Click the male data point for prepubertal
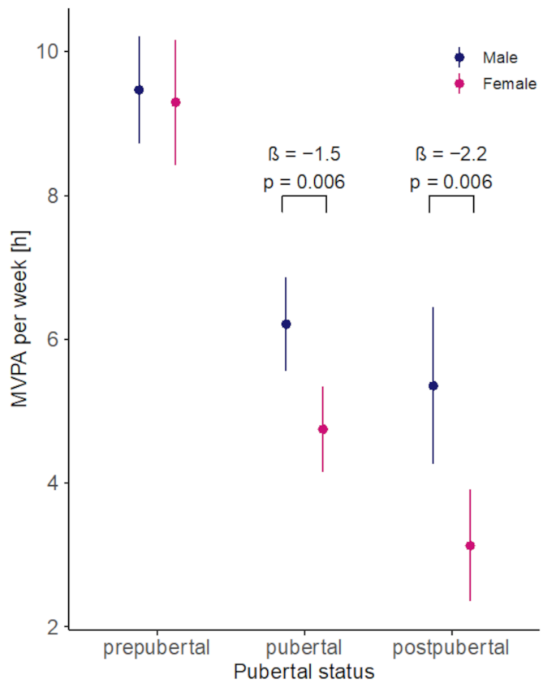(x=139, y=90)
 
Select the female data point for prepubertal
(x=175, y=102)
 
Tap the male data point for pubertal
(x=286, y=324)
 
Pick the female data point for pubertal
(x=322, y=429)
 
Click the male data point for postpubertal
(x=433, y=385)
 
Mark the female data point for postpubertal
(x=470, y=546)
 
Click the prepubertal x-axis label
(x=157, y=647)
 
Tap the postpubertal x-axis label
(x=450, y=647)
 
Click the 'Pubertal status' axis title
(x=304, y=672)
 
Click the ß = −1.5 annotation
(x=304, y=154)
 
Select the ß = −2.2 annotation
(x=450, y=154)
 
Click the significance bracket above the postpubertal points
(x=451, y=196)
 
